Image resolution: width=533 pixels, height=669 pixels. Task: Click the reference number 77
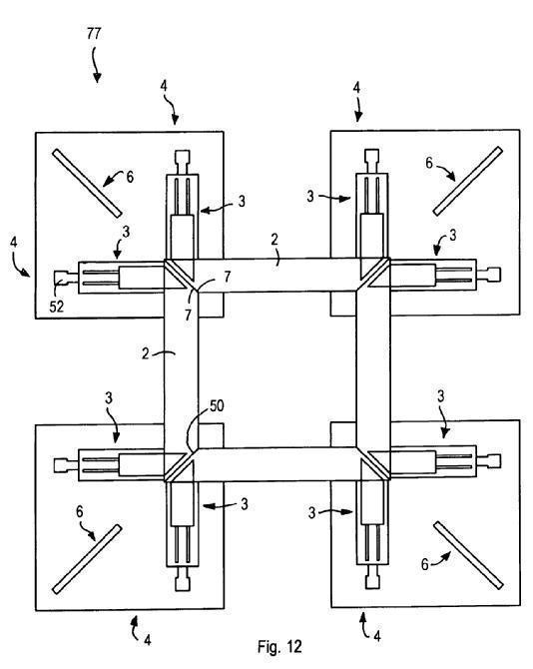[94, 33]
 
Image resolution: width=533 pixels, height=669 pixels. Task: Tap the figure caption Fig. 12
[279, 646]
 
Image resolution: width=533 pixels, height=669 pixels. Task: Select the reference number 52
[56, 307]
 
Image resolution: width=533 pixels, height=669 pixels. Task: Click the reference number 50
[217, 405]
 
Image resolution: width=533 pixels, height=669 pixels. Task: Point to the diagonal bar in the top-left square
[87, 183]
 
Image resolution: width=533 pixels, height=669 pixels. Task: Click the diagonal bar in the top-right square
[468, 181]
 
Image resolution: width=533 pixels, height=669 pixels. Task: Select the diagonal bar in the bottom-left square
[87, 559]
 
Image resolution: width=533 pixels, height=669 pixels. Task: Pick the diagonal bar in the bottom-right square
[468, 555]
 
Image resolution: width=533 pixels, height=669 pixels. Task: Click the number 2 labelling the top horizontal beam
[274, 240]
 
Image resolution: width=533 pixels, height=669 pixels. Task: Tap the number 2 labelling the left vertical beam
[146, 353]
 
